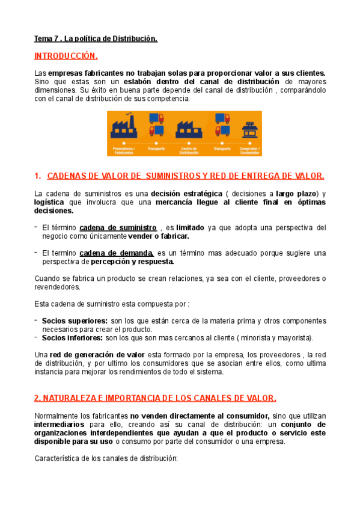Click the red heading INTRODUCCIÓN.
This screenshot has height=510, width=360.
66,57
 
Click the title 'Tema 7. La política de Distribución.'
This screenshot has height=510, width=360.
96,39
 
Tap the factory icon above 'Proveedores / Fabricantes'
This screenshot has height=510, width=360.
124,128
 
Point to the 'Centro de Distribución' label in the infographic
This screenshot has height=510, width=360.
189,150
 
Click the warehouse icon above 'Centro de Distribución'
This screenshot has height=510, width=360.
189,128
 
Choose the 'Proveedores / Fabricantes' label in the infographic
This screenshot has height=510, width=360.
124,150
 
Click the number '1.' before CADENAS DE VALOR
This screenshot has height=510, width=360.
38,176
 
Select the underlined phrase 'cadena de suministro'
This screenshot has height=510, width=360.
118,228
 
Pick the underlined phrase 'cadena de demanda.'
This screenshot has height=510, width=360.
117,253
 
